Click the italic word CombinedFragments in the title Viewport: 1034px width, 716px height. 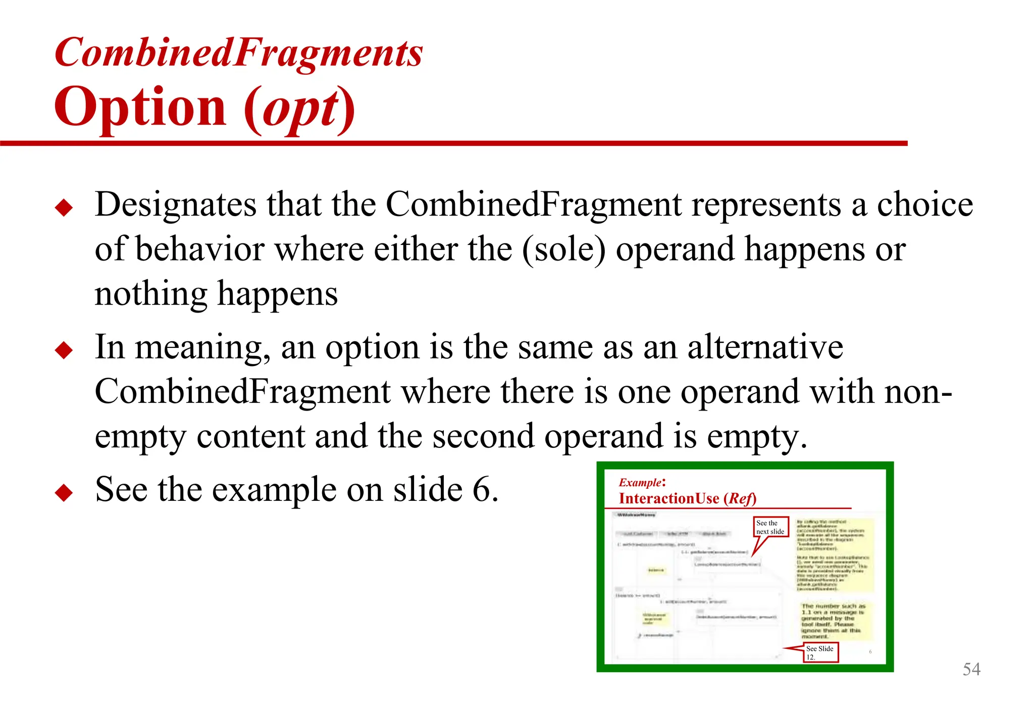click(x=238, y=53)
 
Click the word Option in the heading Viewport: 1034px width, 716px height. click(x=140, y=107)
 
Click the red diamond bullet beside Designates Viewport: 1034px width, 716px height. click(x=64, y=208)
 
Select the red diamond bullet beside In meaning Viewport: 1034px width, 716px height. click(x=64, y=350)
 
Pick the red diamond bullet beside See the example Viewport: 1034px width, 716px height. click(x=64, y=492)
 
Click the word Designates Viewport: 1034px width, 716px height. click(x=176, y=204)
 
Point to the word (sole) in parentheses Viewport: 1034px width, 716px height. click(x=563, y=249)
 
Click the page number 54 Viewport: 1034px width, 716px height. click(x=971, y=669)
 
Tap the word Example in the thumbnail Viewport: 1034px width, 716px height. click(x=640, y=482)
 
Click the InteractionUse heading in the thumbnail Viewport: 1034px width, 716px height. click(x=669, y=498)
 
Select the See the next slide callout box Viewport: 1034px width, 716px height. click(x=770, y=527)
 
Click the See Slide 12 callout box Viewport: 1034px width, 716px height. click(x=820, y=652)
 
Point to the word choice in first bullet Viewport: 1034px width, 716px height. click(x=925, y=204)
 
